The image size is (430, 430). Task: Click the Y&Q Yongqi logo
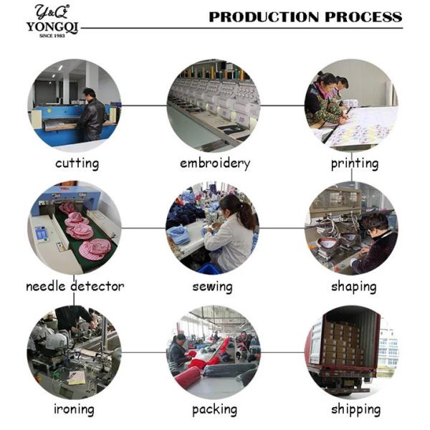coord(52,19)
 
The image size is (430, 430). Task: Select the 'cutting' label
coord(77,163)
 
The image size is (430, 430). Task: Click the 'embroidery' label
coord(215,163)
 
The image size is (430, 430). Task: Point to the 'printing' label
coord(354,163)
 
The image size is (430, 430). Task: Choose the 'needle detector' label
coord(75,287)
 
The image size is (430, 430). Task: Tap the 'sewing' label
coord(213,287)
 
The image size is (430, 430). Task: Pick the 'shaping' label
coord(353,287)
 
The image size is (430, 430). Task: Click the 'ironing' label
coord(74,410)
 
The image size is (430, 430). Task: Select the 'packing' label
coord(214,410)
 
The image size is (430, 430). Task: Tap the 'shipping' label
coord(355,410)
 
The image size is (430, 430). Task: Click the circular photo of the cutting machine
coord(75,105)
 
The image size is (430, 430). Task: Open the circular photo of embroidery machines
coord(214,105)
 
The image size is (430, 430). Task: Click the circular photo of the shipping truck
coord(351,351)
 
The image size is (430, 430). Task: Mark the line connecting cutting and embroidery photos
coord(143,105)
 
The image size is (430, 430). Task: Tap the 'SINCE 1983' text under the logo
coord(52,34)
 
